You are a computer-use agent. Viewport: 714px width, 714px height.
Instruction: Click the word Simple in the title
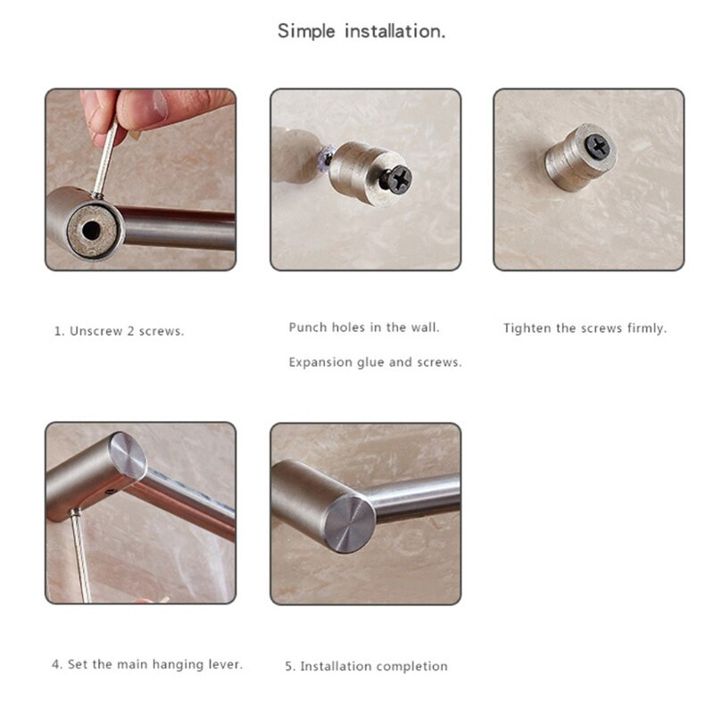click(306, 31)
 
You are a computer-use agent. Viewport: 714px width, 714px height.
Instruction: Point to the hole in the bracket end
click(91, 231)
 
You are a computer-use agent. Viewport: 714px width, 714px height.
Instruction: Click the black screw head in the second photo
click(397, 178)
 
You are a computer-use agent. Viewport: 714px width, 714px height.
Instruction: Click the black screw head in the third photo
click(599, 145)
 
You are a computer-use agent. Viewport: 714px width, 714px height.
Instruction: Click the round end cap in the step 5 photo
click(350, 524)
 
